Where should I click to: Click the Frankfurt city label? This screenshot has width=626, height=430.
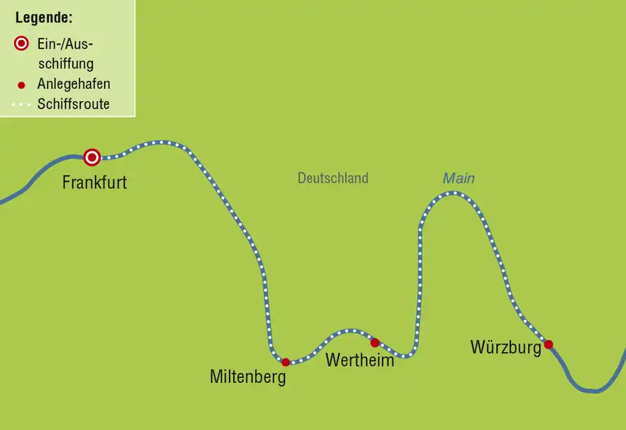tap(95, 183)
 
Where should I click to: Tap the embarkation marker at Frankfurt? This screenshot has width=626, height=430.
tap(92, 157)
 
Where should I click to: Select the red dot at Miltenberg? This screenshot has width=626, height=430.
tap(286, 363)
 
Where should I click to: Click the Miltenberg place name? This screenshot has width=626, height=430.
tap(248, 377)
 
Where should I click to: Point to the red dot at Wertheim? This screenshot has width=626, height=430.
tap(375, 342)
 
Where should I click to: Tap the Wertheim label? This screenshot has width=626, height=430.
tap(360, 360)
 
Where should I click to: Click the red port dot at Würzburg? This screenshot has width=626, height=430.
tap(549, 344)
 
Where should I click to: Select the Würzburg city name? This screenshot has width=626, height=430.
tap(506, 347)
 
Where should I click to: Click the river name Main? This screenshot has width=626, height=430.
tap(459, 178)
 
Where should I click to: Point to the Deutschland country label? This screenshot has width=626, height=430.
tap(333, 178)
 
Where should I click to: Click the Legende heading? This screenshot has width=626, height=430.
tap(44, 18)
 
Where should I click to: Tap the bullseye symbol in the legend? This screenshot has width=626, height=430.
tap(21, 43)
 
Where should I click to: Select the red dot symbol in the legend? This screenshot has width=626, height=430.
tap(22, 85)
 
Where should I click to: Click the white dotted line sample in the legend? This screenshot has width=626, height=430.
tap(21, 105)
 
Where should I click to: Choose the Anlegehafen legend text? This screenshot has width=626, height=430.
tap(74, 84)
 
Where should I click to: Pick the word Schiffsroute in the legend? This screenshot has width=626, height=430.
tap(74, 104)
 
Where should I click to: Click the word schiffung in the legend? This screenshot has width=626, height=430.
tap(66, 63)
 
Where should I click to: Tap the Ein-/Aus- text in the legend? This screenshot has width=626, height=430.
tap(65, 44)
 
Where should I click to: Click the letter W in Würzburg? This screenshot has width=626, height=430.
tap(479, 347)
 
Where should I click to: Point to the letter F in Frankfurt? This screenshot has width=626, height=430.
tap(67, 183)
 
